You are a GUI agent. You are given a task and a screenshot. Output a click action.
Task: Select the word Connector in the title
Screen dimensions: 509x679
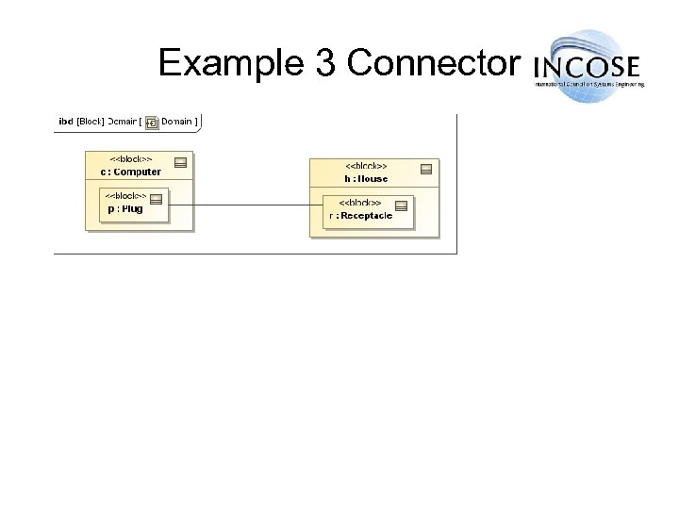pos(432,63)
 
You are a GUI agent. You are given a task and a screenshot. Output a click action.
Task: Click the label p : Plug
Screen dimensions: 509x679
pos(125,208)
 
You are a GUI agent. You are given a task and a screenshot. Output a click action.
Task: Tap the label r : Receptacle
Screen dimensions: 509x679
pos(360,216)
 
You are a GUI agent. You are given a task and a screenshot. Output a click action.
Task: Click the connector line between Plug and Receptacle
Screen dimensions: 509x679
pos(245,205)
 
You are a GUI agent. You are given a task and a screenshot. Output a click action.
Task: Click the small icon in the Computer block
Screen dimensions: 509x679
pos(180,162)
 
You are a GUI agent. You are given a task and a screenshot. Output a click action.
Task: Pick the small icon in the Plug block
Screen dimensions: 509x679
pos(157,199)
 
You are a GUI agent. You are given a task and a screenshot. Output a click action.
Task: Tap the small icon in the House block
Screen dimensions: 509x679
pos(425,169)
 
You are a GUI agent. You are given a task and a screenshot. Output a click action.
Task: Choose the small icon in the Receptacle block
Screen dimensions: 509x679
pos(401,205)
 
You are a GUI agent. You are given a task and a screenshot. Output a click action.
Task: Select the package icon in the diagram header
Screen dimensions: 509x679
pos(151,123)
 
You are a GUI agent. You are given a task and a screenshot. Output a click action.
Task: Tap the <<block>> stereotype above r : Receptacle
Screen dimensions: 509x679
pos(360,204)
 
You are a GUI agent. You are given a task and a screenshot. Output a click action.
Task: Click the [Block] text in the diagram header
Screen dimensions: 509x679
pos(91,122)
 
